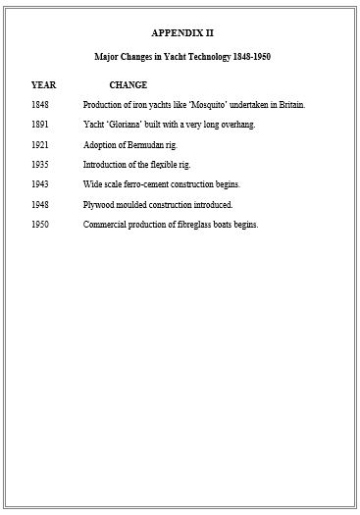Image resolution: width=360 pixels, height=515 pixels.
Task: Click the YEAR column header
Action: click(43, 84)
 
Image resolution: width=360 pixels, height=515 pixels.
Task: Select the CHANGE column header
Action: click(129, 84)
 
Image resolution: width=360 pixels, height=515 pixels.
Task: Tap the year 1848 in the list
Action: click(40, 105)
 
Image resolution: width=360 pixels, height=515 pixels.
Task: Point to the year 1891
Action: click(40, 125)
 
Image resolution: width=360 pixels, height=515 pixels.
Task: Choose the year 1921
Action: click(40, 145)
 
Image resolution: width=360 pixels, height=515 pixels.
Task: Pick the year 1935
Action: click(40, 165)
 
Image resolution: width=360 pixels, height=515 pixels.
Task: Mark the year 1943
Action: click(40, 184)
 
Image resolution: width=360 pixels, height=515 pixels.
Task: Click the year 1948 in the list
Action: click(40, 205)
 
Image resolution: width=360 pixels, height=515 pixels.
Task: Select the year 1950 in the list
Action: click(40, 225)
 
